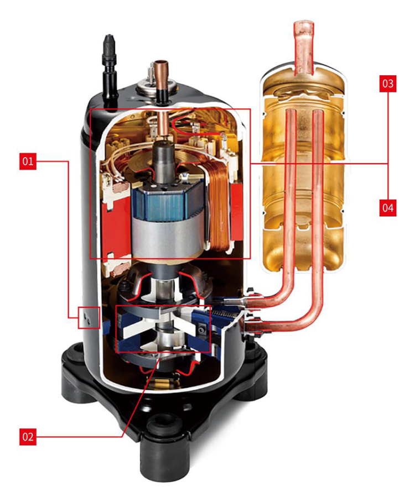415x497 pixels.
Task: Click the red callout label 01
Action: click(28, 161)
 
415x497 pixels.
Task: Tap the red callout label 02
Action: click(28, 437)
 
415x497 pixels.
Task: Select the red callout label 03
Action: click(387, 84)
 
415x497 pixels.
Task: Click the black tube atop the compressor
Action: click(107, 61)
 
